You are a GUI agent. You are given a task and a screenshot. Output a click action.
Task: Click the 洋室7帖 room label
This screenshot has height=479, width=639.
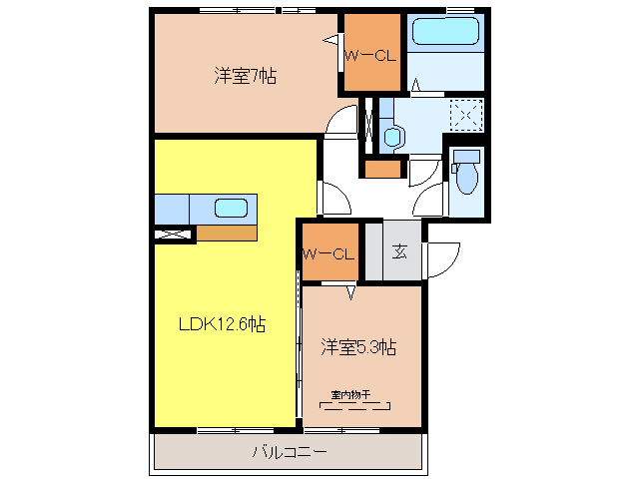click(x=246, y=76)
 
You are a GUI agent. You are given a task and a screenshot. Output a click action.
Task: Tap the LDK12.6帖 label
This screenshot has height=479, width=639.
click(x=222, y=324)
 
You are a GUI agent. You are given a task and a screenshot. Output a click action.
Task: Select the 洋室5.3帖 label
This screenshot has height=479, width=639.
click(x=358, y=347)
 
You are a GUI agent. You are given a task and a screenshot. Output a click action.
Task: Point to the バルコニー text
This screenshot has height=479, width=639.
click(x=290, y=452)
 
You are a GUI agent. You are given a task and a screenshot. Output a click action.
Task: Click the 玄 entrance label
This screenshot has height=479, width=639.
click(x=399, y=251)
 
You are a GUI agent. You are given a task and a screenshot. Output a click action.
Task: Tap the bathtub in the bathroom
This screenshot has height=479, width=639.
click(x=445, y=31)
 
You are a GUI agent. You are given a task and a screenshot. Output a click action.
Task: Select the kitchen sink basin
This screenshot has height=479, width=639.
click(x=231, y=208)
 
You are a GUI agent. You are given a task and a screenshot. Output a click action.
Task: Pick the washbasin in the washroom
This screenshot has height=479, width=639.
click(x=393, y=137)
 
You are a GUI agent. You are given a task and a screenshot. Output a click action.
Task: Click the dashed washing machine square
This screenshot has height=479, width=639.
click(x=466, y=115)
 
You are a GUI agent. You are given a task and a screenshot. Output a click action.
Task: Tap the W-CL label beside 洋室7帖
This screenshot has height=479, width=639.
click(x=370, y=55)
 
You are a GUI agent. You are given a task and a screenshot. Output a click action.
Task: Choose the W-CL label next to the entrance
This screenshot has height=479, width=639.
click(x=328, y=254)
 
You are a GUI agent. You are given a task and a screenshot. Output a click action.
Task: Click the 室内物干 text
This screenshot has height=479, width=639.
click(x=350, y=394)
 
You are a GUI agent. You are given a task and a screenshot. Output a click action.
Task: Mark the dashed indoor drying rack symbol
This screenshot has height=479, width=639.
click(x=355, y=406)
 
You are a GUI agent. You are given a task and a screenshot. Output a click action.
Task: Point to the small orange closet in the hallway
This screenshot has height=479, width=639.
click(x=382, y=170)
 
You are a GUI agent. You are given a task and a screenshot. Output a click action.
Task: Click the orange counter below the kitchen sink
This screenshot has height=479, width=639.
click(x=227, y=233)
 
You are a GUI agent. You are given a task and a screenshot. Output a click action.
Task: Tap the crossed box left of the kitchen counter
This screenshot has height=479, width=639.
click(x=173, y=235)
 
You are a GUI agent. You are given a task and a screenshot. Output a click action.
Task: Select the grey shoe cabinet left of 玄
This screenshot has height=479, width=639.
click(x=373, y=250)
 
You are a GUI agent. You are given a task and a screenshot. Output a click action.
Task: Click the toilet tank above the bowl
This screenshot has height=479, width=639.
click(x=466, y=157)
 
